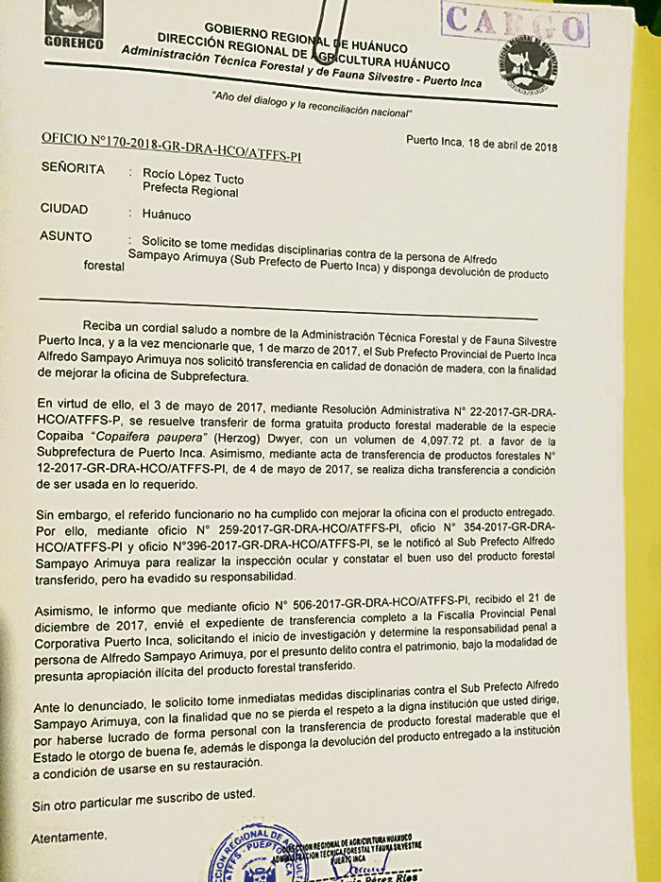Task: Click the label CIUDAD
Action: click(x=64, y=209)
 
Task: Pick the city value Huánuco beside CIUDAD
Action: click(x=166, y=215)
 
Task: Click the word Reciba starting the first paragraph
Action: click(x=103, y=326)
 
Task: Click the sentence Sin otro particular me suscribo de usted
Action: click(x=143, y=804)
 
